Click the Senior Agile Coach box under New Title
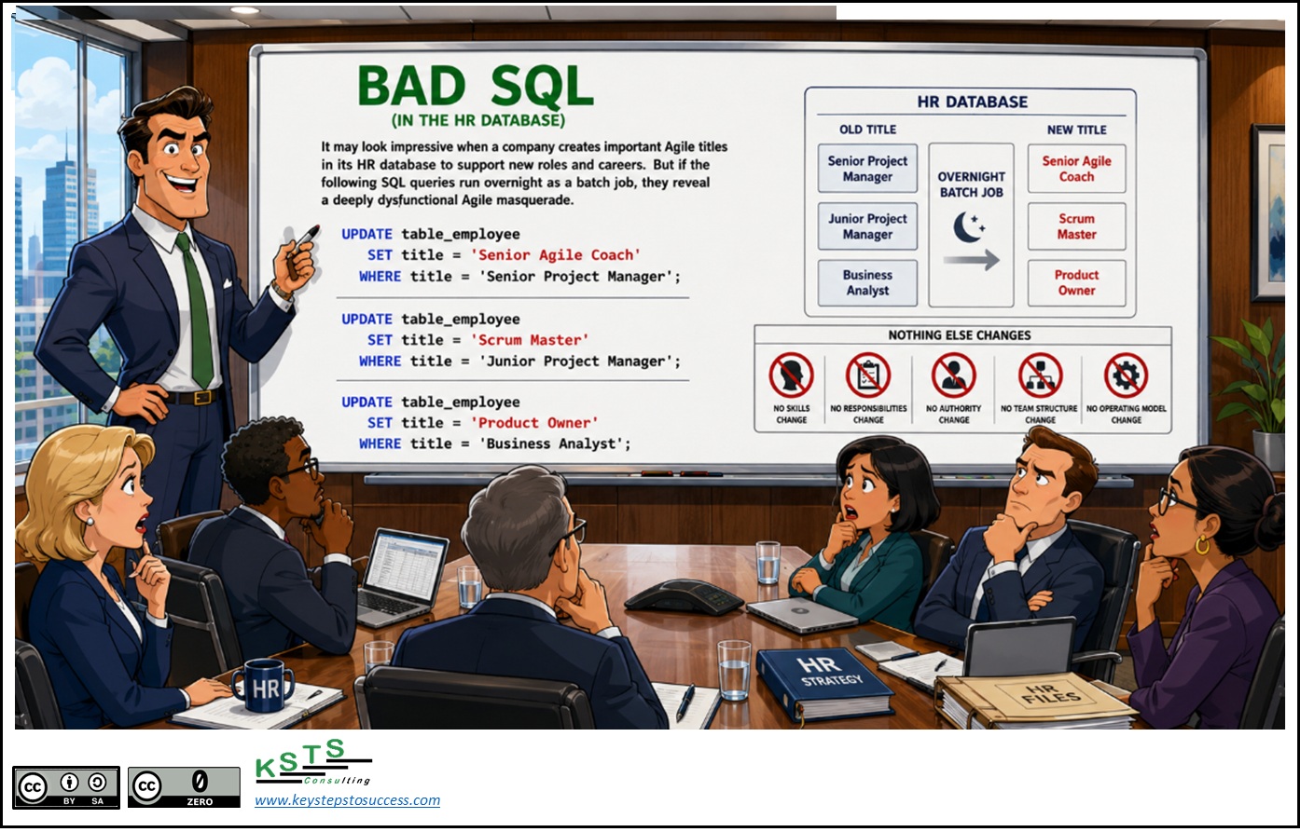coord(1076,169)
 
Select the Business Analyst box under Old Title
coord(867,283)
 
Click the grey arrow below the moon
coord(972,260)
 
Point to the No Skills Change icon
coord(791,375)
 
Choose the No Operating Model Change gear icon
coord(1126,375)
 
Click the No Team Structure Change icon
coord(1040,375)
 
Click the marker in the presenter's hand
coord(305,242)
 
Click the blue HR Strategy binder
coord(824,683)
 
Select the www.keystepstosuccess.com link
coord(347,800)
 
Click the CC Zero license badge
coord(184,786)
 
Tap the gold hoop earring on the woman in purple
coord(1202,544)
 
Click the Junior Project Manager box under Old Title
coord(867,226)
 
